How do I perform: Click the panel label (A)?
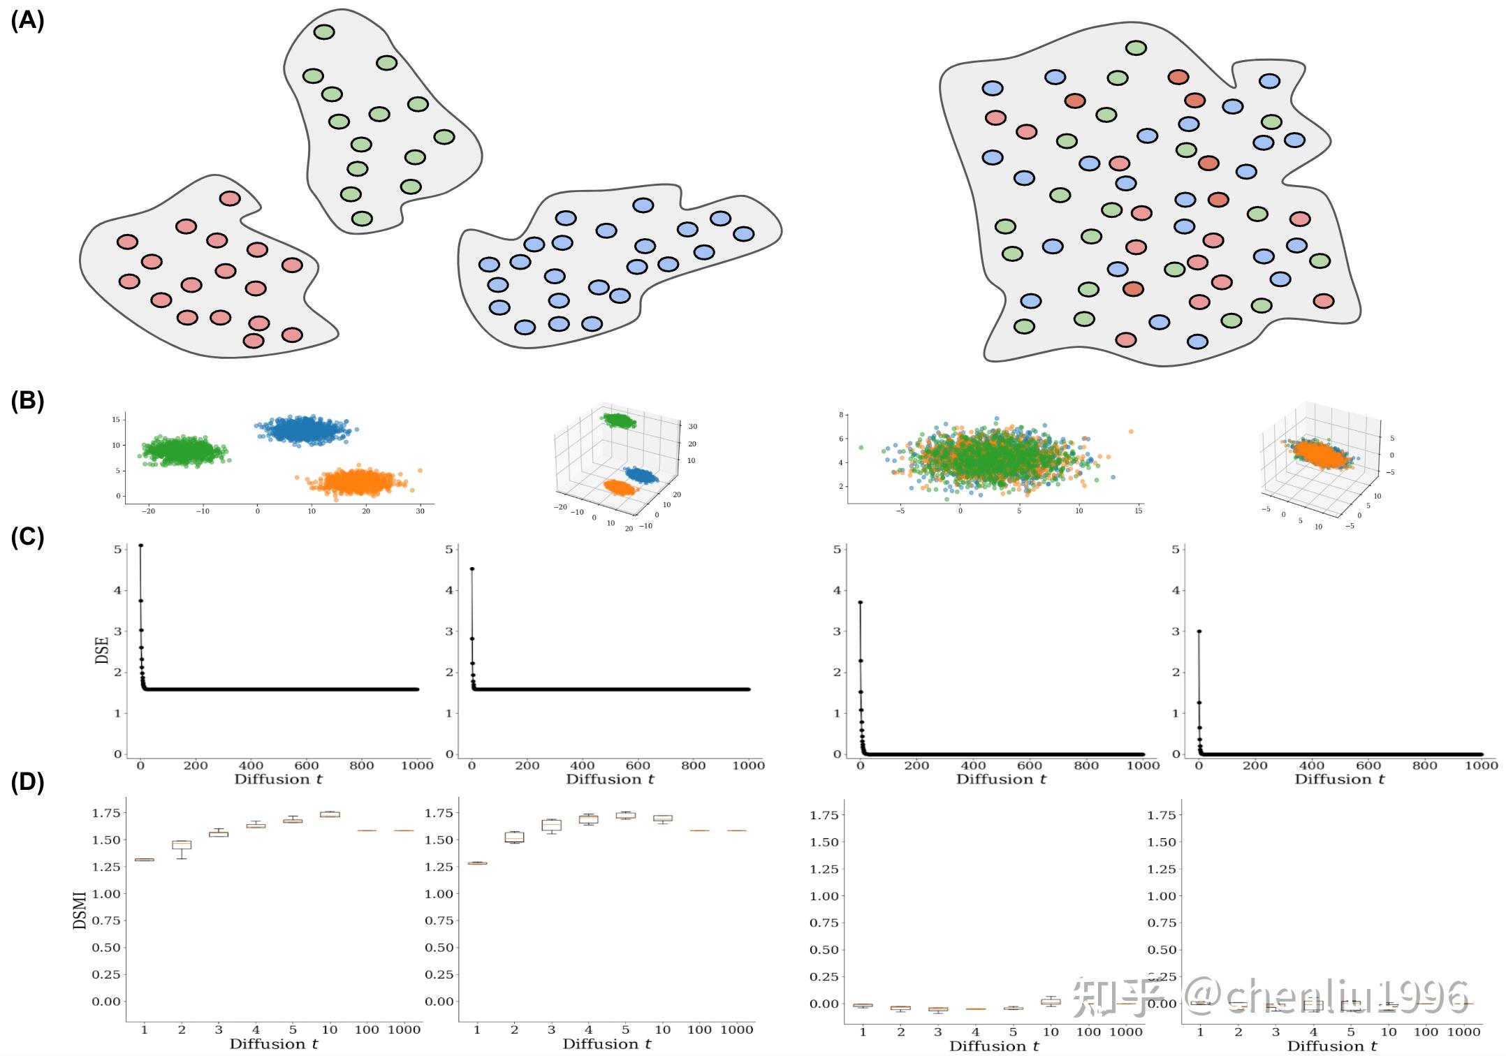click(x=27, y=21)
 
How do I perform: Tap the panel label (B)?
click(x=27, y=401)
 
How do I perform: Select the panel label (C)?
click(x=27, y=537)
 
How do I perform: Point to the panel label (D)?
click(x=27, y=782)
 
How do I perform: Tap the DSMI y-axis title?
click(x=80, y=909)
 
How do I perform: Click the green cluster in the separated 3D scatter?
click(x=619, y=420)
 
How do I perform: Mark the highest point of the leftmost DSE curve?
click(x=140, y=545)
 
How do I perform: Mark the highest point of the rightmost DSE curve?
click(x=1199, y=631)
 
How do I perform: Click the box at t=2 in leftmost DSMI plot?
click(x=182, y=844)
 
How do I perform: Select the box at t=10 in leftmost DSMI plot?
click(x=330, y=814)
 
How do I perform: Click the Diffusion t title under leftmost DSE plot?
click(x=278, y=779)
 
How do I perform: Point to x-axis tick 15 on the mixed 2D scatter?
click(x=1139, y=511)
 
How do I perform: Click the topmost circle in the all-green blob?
click(x=324, y=31)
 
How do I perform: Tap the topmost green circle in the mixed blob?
click(x=1136, y=48)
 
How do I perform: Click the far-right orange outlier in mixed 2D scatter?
click(x=1130, y=431)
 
